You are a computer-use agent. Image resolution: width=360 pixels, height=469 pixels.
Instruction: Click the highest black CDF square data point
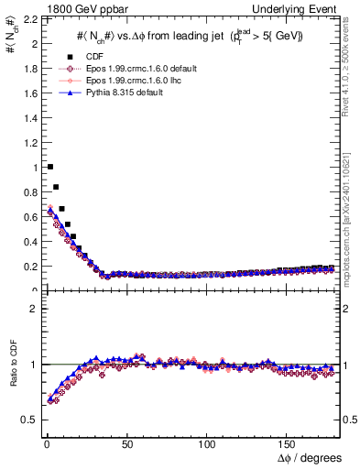click(x=49, y=167)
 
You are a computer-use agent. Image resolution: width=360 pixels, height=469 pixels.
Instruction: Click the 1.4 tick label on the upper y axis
click(x=26, y=117)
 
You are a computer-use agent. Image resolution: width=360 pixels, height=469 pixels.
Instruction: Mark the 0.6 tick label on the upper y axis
click(x=26, y=217)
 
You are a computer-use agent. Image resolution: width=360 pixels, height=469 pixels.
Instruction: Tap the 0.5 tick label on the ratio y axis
click(x=26, y=420)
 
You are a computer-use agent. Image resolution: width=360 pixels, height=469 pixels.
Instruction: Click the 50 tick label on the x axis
click(x=125, y=443)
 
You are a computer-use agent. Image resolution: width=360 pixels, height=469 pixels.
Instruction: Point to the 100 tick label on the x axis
click(x=207, y=443)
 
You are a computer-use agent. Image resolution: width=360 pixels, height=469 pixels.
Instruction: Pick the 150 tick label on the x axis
click(x=288, y=443)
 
